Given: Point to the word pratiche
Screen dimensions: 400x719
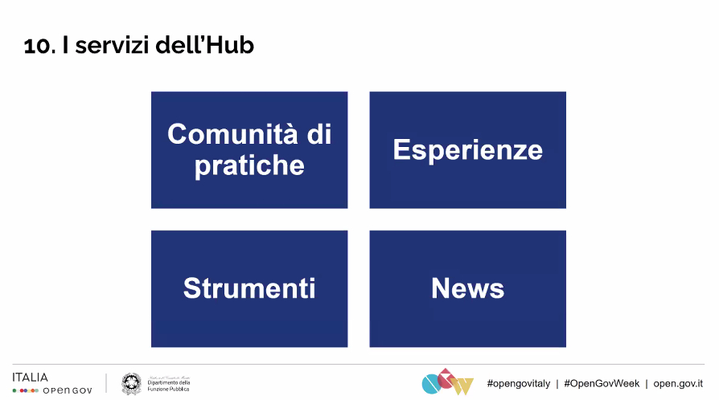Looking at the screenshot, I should pyautogui.click(x=249, y=165).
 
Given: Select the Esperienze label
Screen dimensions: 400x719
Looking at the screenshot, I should pyautogui.click(x=467, y=149).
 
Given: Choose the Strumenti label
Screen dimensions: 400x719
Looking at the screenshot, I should pyautogui.click(x=249, y=288).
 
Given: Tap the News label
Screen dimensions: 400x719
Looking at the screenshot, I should pyautogui.click(x=467, y=288).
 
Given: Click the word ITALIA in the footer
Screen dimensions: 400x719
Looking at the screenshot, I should pyautogui.click(x=31, y=377).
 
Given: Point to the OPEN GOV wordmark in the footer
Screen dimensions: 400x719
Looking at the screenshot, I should pyautogui.click(x=68, y=390).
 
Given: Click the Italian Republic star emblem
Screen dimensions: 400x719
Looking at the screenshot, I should pyautogui.click(x=131, y=384).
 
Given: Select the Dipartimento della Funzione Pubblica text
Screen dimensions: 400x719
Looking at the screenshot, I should pyautogui.click(x=167, y=384).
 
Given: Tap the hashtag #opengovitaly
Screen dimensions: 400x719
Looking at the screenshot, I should pyautogui.click(x=518, y=383).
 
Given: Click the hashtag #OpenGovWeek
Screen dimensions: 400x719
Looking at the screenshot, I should pyautogui.click(x=602, y=383).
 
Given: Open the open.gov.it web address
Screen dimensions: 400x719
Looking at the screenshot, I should pyautogui.click(x=678, y=383).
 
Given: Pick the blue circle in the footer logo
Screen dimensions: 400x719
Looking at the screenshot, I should pyautogui.click(x=431, y=385).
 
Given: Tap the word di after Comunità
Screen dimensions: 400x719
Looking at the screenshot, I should pyautogui.click(x=319, y=133).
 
